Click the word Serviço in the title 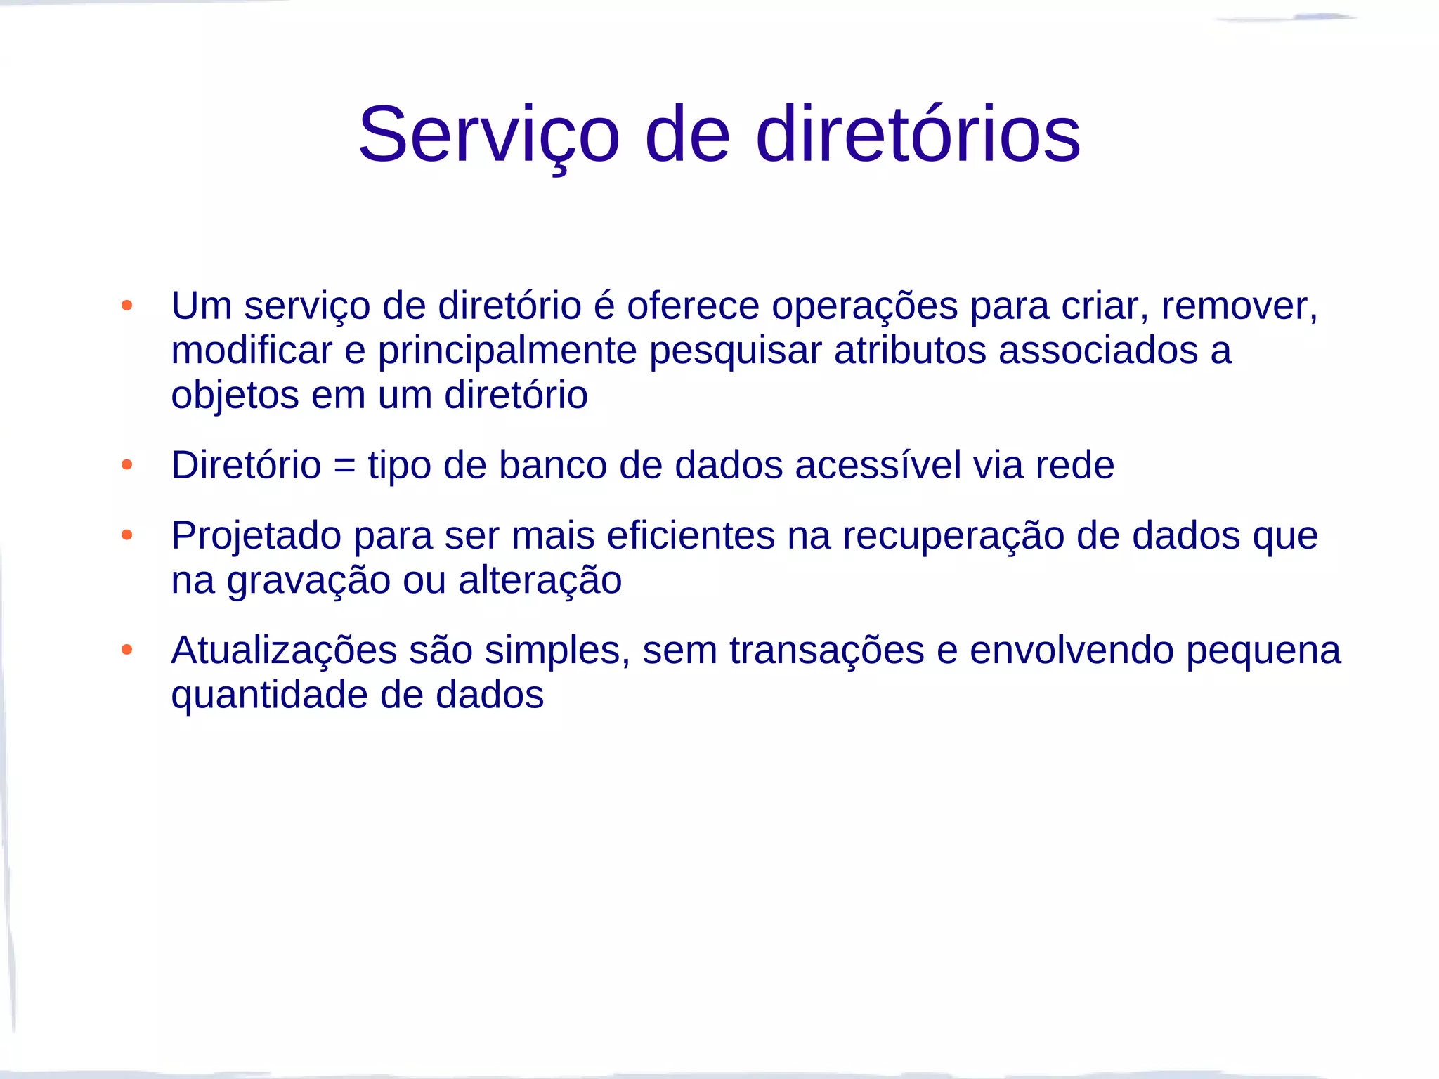tap(489, 135)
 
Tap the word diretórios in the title tap(918, 135)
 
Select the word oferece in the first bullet tap(693, 306)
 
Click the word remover tap(1238, 306)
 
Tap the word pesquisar tap(735, 351)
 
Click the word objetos tap(235, 395)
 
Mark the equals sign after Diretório tap(344, 466)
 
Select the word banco tap(552, 465)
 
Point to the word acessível tap(878, 465)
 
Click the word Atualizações tap(284, 650)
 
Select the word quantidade tap(269, 696)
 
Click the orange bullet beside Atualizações tap(127, 649)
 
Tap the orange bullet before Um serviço tap(127, 306)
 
